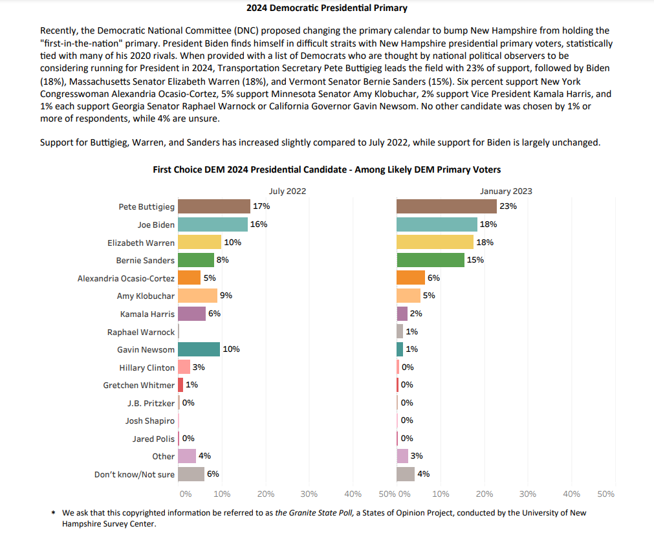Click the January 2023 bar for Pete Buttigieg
[446, 206]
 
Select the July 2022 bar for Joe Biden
[213, 224]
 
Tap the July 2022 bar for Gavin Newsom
[199, 349]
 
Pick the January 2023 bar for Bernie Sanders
[430, 260]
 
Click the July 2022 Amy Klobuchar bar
[197, 296]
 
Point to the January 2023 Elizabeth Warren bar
[435, 242]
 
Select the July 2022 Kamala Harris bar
[191, 314]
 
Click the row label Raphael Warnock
[141, 332]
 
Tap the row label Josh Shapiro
[150, 420]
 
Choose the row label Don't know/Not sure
[135, 474]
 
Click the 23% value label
[508, 206]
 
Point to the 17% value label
[261, 206]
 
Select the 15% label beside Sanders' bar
[475, 260]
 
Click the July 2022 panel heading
[287, 191]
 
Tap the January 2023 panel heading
[506, 191]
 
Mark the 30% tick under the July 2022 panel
[309, 494]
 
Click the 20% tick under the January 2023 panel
[485, 494]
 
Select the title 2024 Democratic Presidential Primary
[327, 8]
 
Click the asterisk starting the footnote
[53, 514]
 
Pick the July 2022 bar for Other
[187, 456]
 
